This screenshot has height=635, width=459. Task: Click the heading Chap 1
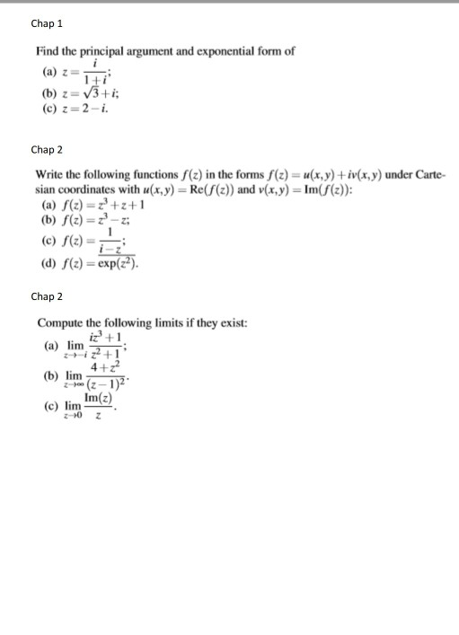47,22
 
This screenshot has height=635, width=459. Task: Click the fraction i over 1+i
90,71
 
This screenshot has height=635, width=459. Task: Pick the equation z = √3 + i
89,93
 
